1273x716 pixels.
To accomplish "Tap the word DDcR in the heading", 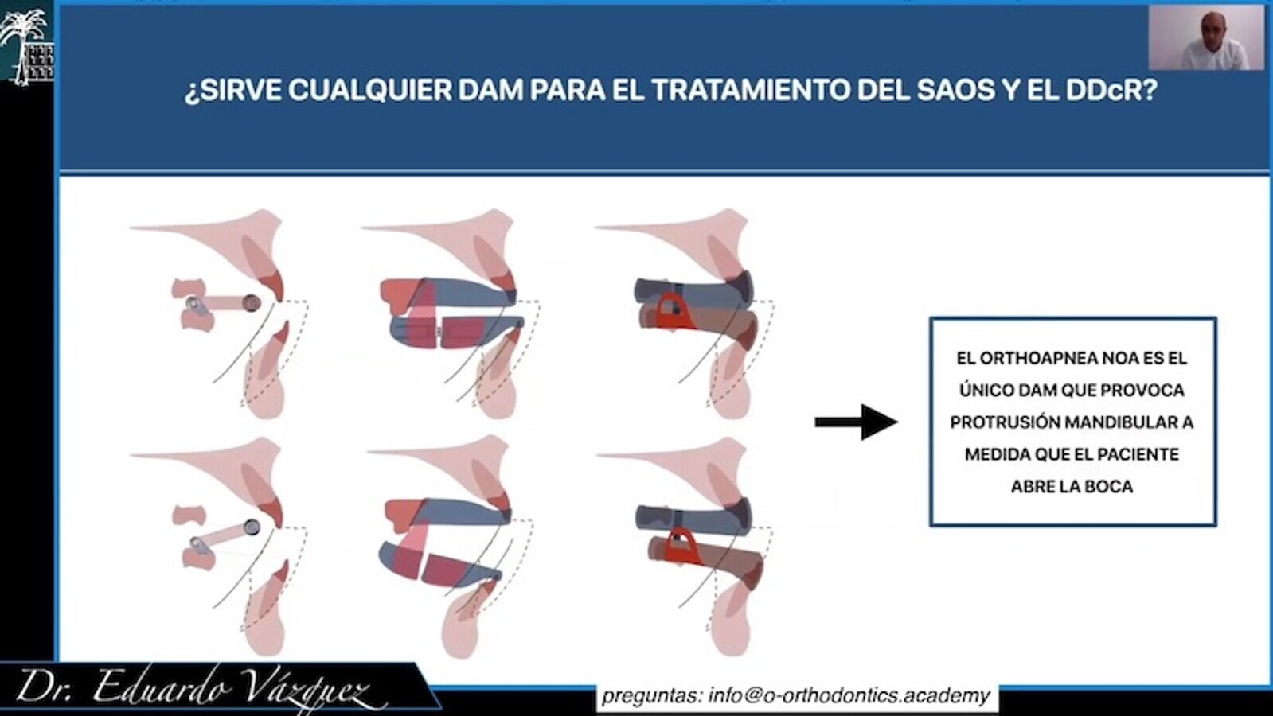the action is [x=1105, y=90].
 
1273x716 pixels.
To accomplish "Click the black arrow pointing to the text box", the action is [x=857, y=422].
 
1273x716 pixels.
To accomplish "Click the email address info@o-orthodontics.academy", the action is [x=849, y=695].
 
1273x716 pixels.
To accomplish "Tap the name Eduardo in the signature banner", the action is [x=161, y=687].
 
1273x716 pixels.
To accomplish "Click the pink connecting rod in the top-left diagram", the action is [x=223, y=303].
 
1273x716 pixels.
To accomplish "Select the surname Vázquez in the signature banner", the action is [x=310, y=689].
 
